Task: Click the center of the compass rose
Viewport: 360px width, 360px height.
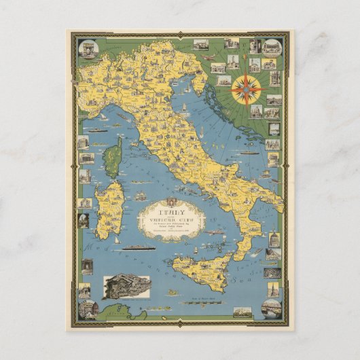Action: click(x=247, y=89)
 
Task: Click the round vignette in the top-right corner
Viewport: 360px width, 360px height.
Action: click(x=272, y=47)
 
